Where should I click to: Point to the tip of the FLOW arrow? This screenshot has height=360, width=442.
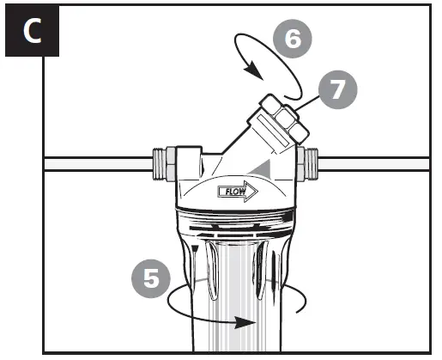click(257, 191)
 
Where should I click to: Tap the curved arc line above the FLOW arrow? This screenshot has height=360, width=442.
click(236, 177)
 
